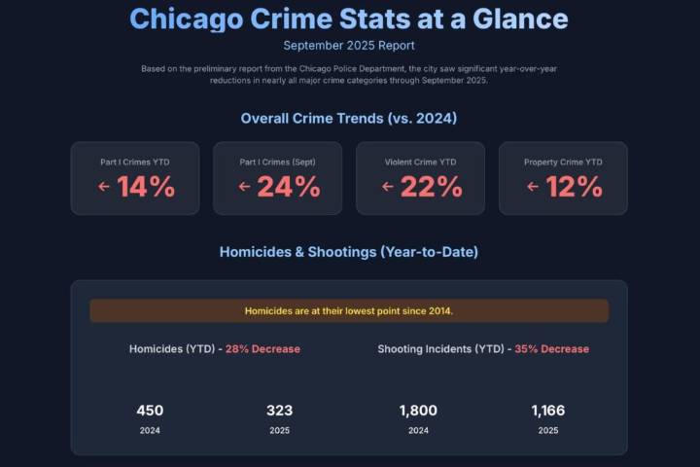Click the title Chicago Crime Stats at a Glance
click(x=349, y=18)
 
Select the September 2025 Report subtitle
click(x=349, y=45)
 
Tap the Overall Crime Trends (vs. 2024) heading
click(x=349, y=119)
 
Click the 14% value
click(x=146, y=187)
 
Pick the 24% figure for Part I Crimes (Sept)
click(x=289, y=187)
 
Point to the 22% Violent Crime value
click(x=431, y=187)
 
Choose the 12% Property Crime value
click(x=574, y=187)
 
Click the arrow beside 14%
click(x=104, y=187)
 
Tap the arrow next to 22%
click(x=388, y=187)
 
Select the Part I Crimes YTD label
click(x=135, y=162)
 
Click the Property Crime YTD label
click(x=563, y=162)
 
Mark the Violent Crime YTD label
click(x=420, y=162)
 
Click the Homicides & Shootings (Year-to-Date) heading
click(x=349, y=252)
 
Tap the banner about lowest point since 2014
click(x=349, y=311)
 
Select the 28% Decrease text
click(x=262, y=349)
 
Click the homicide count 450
click(x=150, y=411)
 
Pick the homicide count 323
click(x=280, y=411)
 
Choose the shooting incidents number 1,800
click(x=418, y=411)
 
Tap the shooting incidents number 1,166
click(x=548, y=411)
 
